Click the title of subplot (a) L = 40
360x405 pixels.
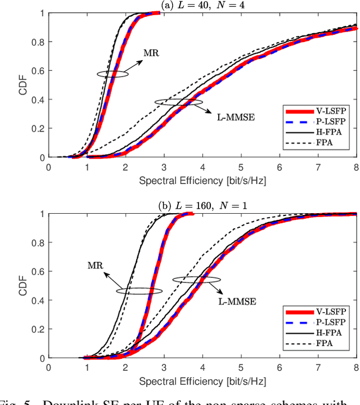pyautogui.click(x=202, y=6)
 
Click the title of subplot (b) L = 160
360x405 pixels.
pyautogui.click(x=202, y=205)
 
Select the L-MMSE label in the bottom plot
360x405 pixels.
pyautogui.click(x=237, y=301)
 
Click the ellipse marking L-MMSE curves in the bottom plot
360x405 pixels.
pyautogui.click(x=196, y=279)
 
